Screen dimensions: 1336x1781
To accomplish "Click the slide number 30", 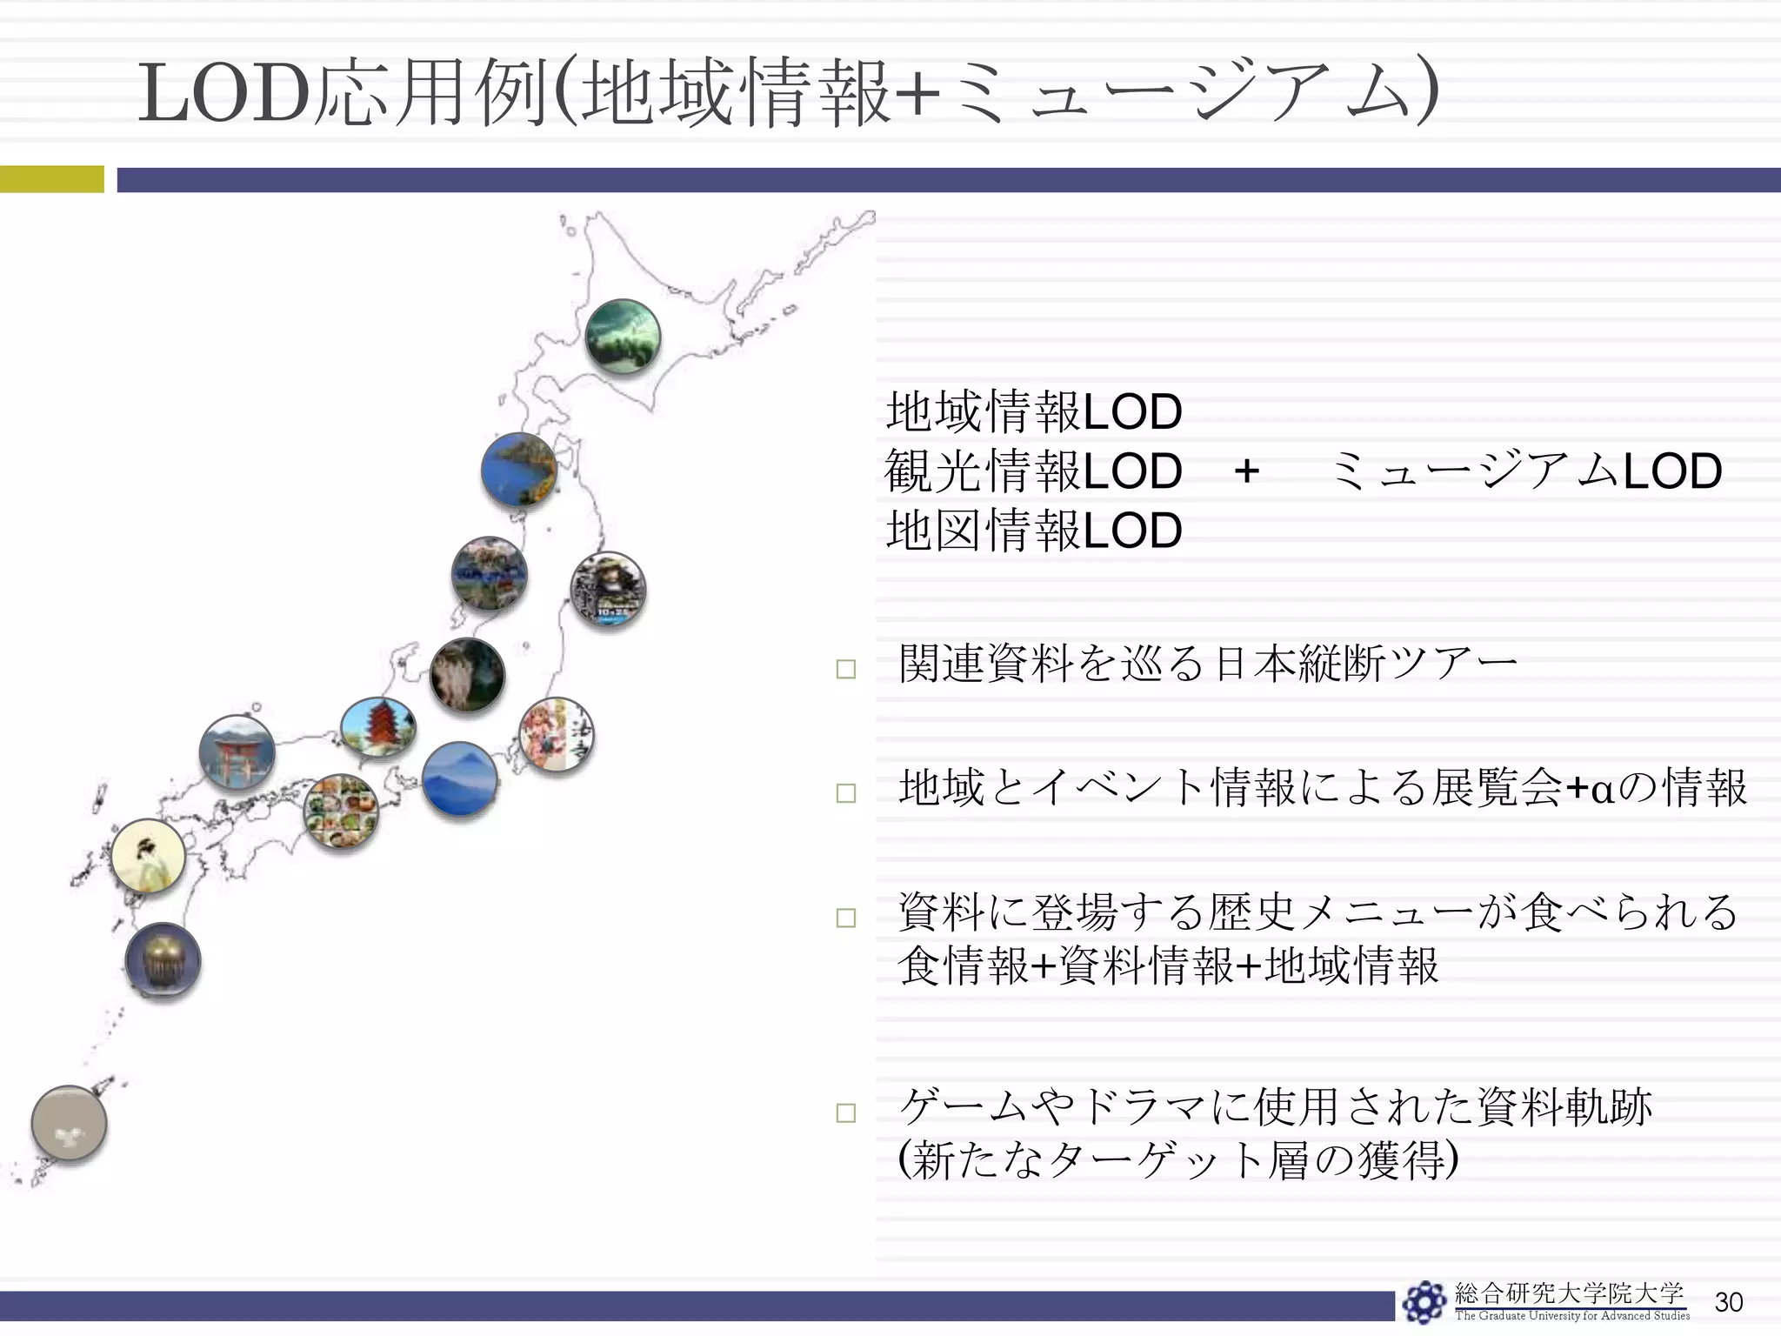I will click(x=1729, y=1302).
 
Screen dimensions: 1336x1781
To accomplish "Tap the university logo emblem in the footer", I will click(x=1424, y=1302).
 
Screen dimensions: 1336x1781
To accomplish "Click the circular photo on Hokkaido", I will click(x=623, y=337).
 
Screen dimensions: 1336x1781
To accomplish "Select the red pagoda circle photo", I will click(x=378, y=727).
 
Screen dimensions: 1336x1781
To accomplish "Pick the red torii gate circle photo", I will click(x=237, y=752).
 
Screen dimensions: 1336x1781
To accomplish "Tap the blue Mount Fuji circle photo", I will click(x=460, y=779).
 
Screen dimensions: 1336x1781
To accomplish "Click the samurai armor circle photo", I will click(x=608, y=590).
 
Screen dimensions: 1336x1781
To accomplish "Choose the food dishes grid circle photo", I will click(x=341, y=812).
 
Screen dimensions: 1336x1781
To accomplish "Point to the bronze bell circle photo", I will click(x=163, y=961).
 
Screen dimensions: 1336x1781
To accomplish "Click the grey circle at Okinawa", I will click(x=70, y=1123).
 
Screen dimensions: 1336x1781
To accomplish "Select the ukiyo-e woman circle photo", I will click(x=149, y=856).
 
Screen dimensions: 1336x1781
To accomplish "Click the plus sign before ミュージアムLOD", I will click(x=1246, y=471).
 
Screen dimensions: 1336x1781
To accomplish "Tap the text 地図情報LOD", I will click(x=1033, y=531).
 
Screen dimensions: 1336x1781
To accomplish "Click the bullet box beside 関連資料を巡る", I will click(x=845, y=669).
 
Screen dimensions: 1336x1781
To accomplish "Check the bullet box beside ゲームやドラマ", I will click(x=845, y=1112).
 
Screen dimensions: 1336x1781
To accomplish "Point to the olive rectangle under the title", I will click(x=51, y=179).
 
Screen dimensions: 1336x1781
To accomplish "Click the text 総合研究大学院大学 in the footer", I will click(x=1569, y=1293).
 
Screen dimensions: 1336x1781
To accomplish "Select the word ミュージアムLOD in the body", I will click(x=1525, y=471).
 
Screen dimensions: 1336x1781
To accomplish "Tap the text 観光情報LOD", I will click(x=1033, y=471).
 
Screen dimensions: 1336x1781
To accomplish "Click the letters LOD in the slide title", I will click(x=224, y=93).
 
